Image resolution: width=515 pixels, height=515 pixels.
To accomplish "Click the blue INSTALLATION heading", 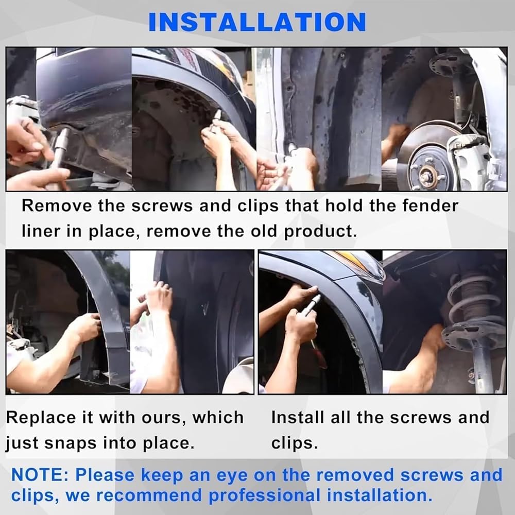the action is pos(257,22).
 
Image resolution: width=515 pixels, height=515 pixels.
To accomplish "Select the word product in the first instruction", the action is pos(320,232).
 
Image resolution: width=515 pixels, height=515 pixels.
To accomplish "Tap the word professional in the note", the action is pos(265,495).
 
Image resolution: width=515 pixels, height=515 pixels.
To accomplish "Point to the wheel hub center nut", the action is pos(427,174).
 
